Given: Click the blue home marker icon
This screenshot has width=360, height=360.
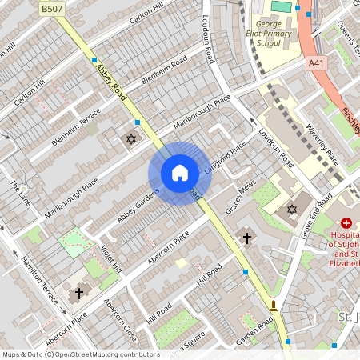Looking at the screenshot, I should tap(180, 173).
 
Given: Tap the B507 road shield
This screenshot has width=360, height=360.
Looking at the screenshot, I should tap(52, 8).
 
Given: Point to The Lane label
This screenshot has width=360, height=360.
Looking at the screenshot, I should tap(19, 192).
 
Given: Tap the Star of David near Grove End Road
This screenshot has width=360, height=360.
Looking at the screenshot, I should tap(291, 210).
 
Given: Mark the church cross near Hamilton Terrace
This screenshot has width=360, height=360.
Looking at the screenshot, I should tap(78, 294).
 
